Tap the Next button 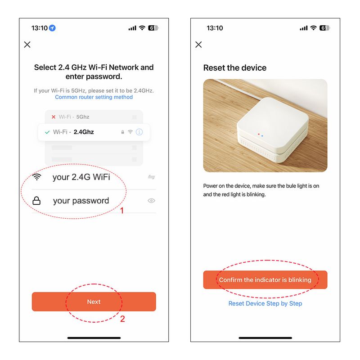pyautogui.click(x=94, y=301)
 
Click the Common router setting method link pyautogui.click(x=94, y=97)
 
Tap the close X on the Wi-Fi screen pyautogui.click(x=27, y=45)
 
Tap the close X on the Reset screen pyautogui.click(x=198, y=45)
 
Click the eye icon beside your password pyautogui.click(x=151, y=201)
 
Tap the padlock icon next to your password pyautogui.click(x=36, y=201)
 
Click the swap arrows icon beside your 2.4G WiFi pyautogui.click(x=151, y=177)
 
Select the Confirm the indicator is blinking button pyautogui.click(x=265, y=279)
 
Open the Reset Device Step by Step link pyautogui.click(x=265, y=303)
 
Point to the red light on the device pyautogui.click(x=259, y=134)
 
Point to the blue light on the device pyautogui.click(x=262, y=136)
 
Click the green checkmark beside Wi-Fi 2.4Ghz pyautogui.click(x=47, y=132)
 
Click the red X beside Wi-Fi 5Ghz pyautogui.click(x=54, y=117)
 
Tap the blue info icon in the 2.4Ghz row pyautogui.click(x=139, y=132)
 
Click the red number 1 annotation pyautogui.click(x=122, y=211)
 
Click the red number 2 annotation pyautogui.click(x=122, y=319)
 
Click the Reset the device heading pyautogui.click(x=235, y=68)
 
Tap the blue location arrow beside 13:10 pyautogui.click(x=52, y=28)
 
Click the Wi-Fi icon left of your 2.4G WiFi pyautogui.click(x=37, y=177)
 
